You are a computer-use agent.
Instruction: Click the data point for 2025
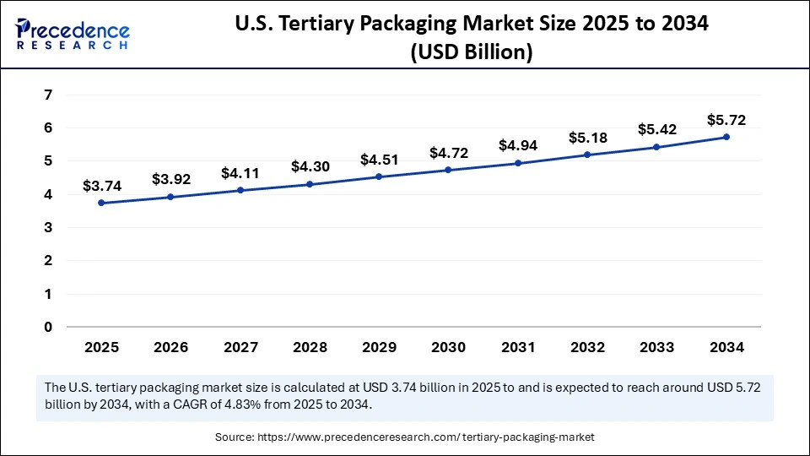coord(101,203)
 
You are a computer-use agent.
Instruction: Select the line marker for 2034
coord(726,137)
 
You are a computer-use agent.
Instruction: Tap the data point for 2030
coord(448,170)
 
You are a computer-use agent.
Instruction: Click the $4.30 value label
coord(309,166)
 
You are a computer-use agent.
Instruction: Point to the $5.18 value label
coord(586,137)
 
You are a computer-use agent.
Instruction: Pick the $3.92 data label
coord(170,179)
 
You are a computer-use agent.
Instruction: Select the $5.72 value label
coord(726,120)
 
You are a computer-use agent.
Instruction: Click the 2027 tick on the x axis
coord(240,347)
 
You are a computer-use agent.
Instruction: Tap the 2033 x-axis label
coord(656,347)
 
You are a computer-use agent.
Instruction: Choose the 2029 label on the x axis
coord(379,347)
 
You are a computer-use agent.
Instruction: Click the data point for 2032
coord(587,155)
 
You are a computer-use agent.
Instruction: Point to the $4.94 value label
coord(517,145)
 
